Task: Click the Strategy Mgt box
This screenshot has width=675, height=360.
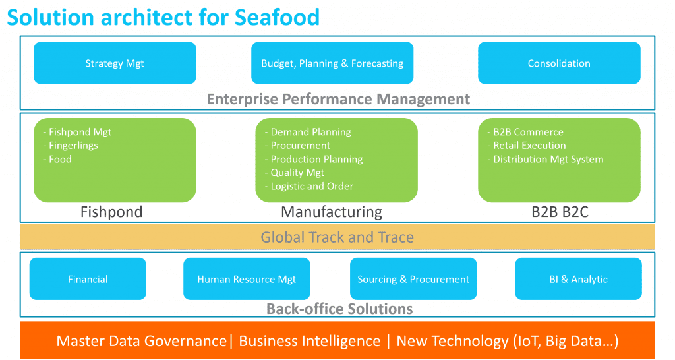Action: point(115,63)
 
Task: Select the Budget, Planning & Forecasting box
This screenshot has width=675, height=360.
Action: point(332,63)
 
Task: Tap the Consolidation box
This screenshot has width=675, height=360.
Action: point(559,63)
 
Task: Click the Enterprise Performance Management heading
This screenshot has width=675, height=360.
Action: point(338,100)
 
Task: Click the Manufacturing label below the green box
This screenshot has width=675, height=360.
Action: point(332,212)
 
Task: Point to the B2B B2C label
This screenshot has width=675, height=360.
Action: point(559,212)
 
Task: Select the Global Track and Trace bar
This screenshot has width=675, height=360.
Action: point(337,237)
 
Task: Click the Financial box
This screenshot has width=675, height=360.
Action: point(88,279)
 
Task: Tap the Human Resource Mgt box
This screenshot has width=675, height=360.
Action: point(247,279)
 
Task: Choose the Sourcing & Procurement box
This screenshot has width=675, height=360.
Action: point(413,279)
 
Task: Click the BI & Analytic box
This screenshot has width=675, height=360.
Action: point(578,279)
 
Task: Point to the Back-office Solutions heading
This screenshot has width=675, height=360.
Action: point(339,309)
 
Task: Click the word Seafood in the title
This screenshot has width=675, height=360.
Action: point(277,17)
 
